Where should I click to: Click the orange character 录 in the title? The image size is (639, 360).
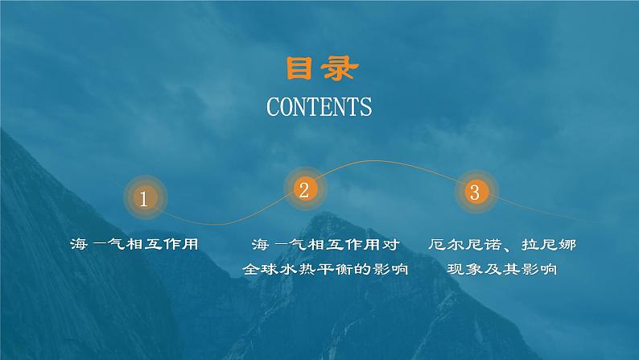pyautogui.click(x=338, y=69)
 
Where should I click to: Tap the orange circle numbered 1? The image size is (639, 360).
pyautogui.click(x=144, y=198)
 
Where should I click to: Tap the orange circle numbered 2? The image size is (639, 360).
pyautogui.click(x=303, y=190)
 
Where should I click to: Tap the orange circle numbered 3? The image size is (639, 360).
pyautogui.click(x=474, y=192)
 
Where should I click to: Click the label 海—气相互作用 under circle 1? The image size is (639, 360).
pyautogui.click(x=134, y=244)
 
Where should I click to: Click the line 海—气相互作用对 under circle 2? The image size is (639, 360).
pyautogui.click(x=325, y=244)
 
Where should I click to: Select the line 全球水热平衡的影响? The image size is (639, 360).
pyautogui.click(x=325, y=271)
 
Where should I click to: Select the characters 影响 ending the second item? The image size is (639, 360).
pyautogui.click(x=391, y=271)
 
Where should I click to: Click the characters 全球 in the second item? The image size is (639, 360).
pyautogui.click(x=260, y=271)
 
